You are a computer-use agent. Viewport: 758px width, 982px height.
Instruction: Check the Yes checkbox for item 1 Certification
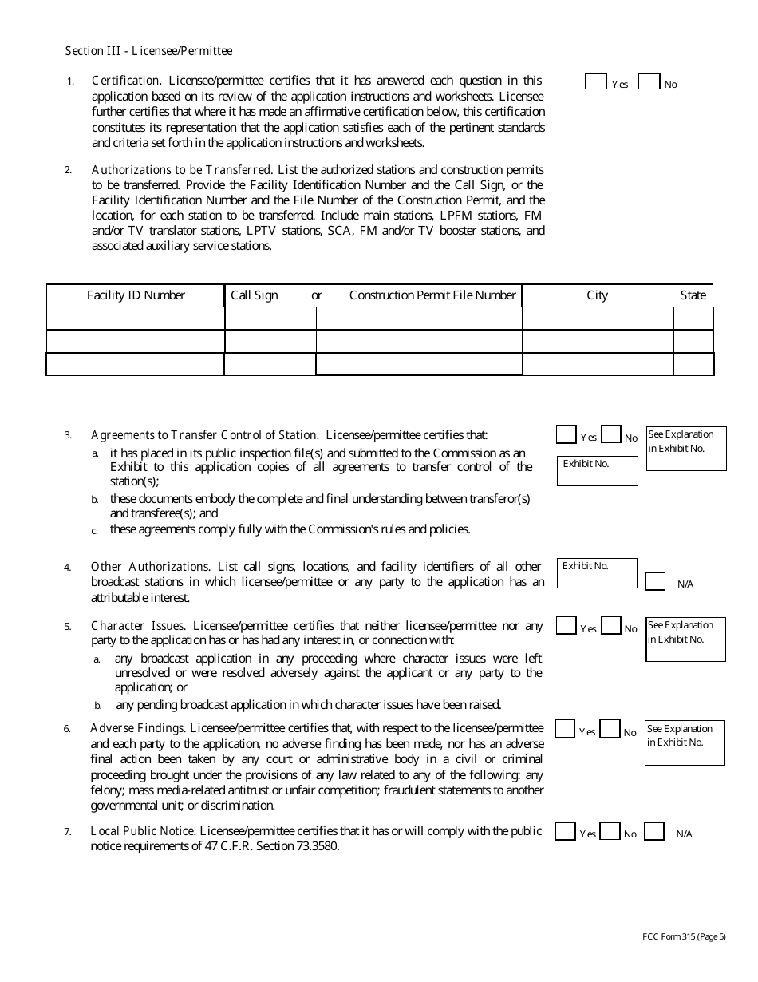point(595,81)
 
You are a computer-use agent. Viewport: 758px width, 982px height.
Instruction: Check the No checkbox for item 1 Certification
point(649,81)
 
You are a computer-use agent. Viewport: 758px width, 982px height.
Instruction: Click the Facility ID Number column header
point(136,295)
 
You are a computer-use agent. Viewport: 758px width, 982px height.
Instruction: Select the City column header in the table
point(597,295)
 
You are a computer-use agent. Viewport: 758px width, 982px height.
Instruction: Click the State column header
point(693,295)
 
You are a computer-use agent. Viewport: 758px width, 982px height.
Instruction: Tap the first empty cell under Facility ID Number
point(136,319)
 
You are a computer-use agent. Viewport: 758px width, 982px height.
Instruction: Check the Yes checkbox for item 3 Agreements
point(566,434)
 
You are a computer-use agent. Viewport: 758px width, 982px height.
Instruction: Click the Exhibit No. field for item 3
point(597,471)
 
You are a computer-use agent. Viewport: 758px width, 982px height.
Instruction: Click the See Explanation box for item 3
point(686,448)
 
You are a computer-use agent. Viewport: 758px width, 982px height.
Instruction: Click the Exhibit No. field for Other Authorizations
point(597,573)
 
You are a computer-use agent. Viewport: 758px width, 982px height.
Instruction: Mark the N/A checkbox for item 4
point(655,581)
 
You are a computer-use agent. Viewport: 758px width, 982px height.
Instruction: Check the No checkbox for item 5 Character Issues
point(610,626)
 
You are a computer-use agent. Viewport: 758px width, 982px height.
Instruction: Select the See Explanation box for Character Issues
point(685,639)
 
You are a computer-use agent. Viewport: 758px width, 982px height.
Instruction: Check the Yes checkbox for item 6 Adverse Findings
point(565,729)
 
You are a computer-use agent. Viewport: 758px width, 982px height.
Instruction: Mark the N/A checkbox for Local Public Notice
point(653,831)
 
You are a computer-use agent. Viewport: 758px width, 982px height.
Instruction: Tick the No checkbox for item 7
point(610,831)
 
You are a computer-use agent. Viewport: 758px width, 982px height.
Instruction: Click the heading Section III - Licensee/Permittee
point(148,51)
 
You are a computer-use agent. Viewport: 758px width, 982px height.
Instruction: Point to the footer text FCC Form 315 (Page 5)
point(684,937)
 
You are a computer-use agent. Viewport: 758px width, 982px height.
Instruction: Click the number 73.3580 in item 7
point(318,847)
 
